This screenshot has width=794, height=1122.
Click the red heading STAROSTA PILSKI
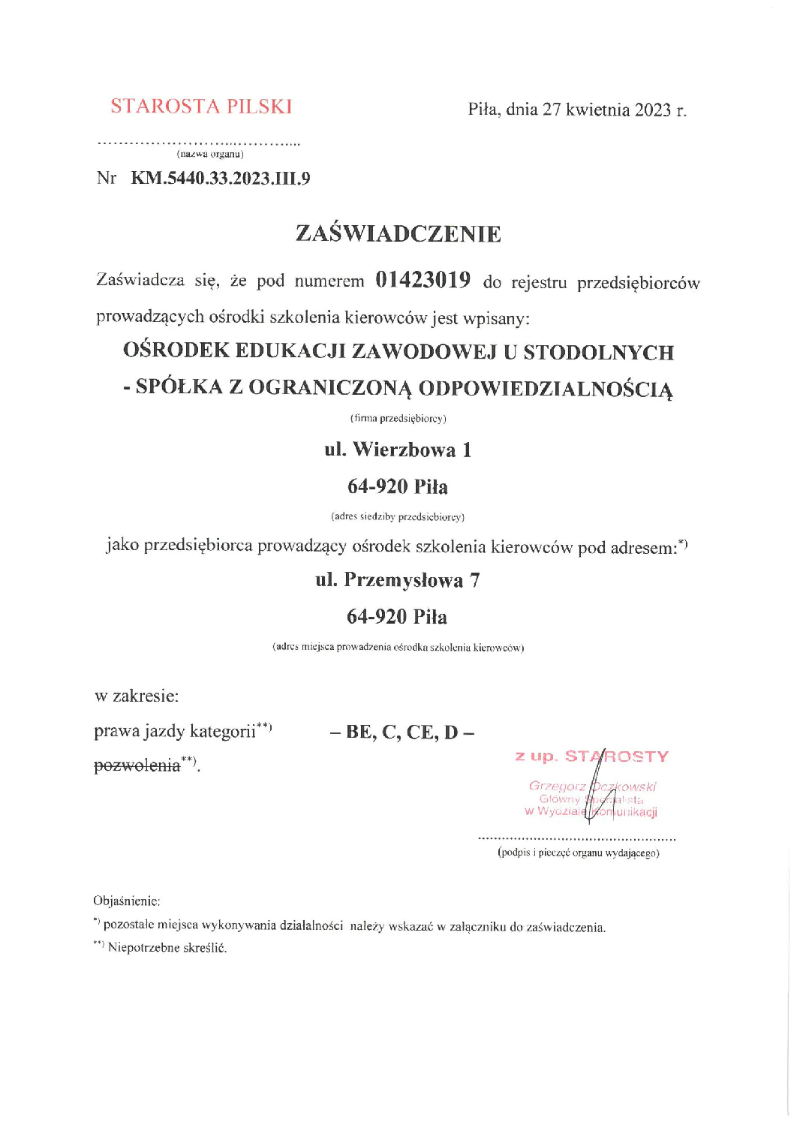coord(201,107)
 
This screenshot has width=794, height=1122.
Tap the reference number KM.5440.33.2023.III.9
coord(220,179)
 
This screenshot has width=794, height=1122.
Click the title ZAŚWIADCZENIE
coord(398,233)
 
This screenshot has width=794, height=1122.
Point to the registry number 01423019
coord(423,280)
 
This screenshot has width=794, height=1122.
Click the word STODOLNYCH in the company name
coord(598,352)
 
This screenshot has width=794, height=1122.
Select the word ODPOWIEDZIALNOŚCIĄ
coord(546,388)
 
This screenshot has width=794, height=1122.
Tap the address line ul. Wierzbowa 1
coord(398,450)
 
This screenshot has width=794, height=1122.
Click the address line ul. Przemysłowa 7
coord(398,580)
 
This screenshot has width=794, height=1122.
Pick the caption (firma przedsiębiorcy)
coord(398,418)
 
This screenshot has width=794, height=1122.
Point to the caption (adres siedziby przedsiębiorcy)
coord(398,516)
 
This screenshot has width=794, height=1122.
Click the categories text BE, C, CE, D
coord(402,732)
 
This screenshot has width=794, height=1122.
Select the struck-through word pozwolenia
coord(137,766)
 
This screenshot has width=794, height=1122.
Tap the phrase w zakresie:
coord(137,696)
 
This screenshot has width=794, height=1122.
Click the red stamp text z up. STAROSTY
coord(591,756)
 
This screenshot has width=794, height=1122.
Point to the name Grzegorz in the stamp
coord(556,786)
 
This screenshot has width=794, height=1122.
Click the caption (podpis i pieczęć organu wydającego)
coord(578,853)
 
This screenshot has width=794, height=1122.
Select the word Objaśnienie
coord(126,901)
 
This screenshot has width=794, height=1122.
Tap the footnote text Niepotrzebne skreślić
coord(167,947)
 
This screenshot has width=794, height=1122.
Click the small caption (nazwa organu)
coord(210,154)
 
